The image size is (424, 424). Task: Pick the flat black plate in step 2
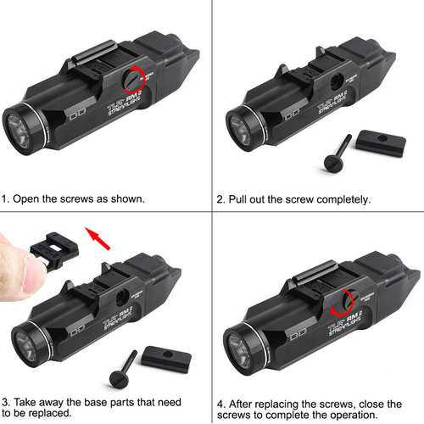pos(381,139)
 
